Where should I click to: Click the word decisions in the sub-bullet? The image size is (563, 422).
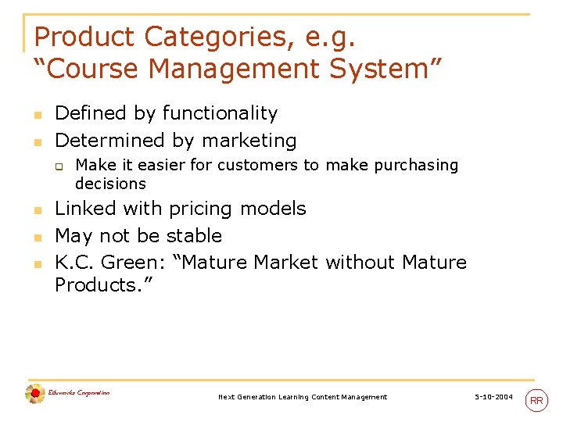coord(110,184)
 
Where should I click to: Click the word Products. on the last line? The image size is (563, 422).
coord(104,285)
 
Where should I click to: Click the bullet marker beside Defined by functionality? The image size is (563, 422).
coord(37,115)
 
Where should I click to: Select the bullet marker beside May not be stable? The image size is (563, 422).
coord(37,237)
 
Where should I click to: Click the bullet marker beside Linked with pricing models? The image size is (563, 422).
coord(37,210)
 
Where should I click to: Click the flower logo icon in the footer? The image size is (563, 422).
coord(34,395)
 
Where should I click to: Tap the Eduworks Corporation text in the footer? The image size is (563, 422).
coord(79,392)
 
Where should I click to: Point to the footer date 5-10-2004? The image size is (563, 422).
coord(494,398)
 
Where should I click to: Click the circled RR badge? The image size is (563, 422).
coord(536,400)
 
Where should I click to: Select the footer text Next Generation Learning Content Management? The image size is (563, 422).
coord(303,398)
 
